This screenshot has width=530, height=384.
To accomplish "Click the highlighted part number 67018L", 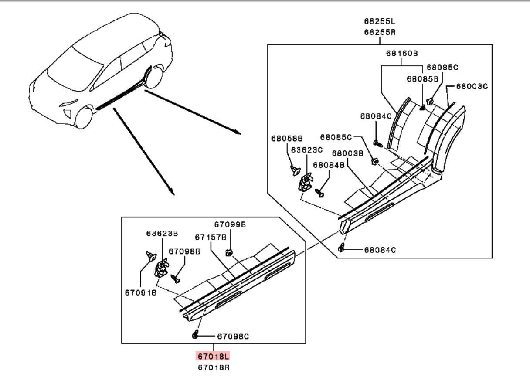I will [213, 357].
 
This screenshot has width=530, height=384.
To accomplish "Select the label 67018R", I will [213, 367].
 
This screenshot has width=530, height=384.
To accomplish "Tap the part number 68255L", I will [380, 21].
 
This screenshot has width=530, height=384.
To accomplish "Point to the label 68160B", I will [401, 53].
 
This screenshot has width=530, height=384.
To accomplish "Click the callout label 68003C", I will [472, 86].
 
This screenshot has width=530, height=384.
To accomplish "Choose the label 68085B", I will [422, 79].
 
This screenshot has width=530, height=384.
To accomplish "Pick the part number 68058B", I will [286, 138].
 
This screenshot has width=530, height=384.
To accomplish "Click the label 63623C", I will [307, 150].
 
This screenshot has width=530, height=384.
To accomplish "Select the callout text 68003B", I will [347, 153].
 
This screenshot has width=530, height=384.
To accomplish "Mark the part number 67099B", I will [230, 224].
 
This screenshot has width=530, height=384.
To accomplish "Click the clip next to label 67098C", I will [196, 335].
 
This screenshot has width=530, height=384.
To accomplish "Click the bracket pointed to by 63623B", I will [161, 267].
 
